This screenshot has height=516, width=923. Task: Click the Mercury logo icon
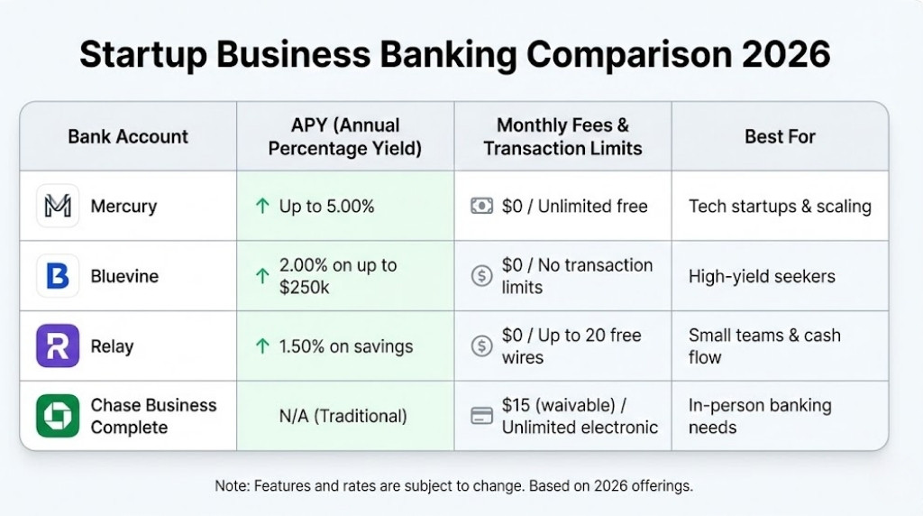pyautogui.click(x=58, y=207)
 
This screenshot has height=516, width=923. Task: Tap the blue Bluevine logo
pyautogui.click(x=58, y=276)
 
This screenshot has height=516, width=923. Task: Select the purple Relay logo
pyautogui.click(x=58, y=346)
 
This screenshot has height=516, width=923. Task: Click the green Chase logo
pyautogui.click(x=58, y=416)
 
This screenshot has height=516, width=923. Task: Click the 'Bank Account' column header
pyautogui.click(x=128, y=137)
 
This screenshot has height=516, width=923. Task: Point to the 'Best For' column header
pyautogui.click(x=780, y=137)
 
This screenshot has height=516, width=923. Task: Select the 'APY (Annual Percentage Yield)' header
pyautogui.click(x=345, y=137)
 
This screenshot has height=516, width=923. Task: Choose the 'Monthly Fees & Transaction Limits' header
pyautogui.click(x=562, y=137)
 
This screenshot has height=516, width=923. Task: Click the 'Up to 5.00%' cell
pyautogui.click(x=326, y=207)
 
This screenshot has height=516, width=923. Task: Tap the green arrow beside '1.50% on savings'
pyautogui.click(x=262, y=346)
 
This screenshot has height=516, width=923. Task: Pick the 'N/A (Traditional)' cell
pyautogui.click(x=343, y=416)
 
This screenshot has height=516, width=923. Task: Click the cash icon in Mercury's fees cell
pyautogui.click(x=482, y=207)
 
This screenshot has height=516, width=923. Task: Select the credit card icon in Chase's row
pyautogui.click(x=482, y=416)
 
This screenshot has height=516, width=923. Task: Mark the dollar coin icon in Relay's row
pyautogui.click(x=482, y=346)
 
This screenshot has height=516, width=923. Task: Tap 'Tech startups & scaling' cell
pyautogui.click(x=780, y=207)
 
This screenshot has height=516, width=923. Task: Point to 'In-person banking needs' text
pyautogui.click(x=760, y=416)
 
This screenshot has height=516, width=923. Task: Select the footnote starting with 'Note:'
pyautogui.click(x=453, y=486)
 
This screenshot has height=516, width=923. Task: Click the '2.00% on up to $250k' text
pyautogui.click(x=338, y=276)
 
